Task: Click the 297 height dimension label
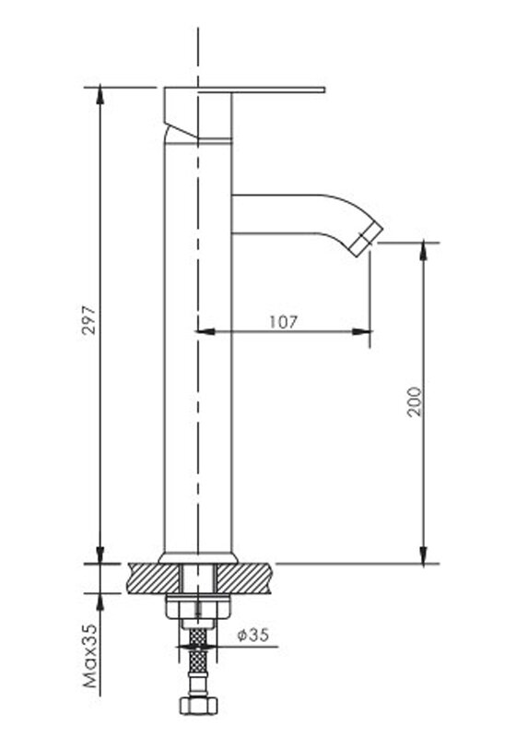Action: (x=88, y=320)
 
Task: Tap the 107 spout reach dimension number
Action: (x=283, y=322)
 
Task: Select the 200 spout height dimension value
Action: (x=415, y=401)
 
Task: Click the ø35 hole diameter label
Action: (x=253, y=635)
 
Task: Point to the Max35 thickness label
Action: (x=89, y=656)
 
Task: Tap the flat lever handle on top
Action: (x=244, y=89)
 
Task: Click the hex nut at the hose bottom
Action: (x=198, y=705)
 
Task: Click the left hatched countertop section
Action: (x=154, y=578)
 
